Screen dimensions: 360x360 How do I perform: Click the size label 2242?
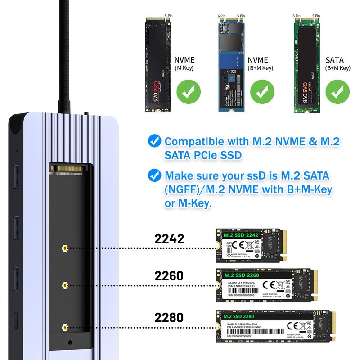tap(170, 238)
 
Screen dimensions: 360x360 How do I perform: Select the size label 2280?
tap(170, 317)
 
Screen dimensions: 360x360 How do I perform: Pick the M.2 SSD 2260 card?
tap(267, 285)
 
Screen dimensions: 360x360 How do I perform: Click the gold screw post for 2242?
tap(65, 248)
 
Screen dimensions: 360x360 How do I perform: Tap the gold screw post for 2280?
tap(65, 329)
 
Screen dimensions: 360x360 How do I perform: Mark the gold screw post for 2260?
tap(65, 285)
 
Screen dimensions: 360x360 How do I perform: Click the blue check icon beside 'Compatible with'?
tap(155, 141)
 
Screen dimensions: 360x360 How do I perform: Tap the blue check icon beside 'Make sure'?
tap(155, 175)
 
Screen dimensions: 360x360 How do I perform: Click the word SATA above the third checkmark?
tap(334, 60)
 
